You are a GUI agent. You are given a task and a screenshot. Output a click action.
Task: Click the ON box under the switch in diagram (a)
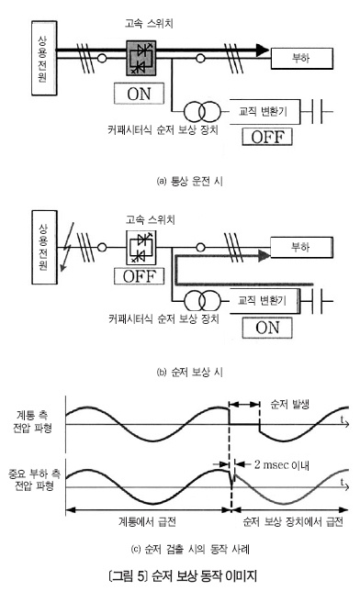(x=139, y=94)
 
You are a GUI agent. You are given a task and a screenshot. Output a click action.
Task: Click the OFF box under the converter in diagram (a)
(x=267, y=137)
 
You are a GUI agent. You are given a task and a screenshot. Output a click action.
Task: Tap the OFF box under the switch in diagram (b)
(x=140, y=276)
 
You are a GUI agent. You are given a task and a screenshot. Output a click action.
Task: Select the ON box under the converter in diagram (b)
(x=267, y=328)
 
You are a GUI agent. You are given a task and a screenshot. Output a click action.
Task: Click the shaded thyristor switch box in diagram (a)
(x=141, y=59)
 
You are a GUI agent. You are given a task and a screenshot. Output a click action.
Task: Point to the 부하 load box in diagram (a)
(x=302, y=59)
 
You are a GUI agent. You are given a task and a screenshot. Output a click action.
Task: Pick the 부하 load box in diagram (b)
(x=301, y=248)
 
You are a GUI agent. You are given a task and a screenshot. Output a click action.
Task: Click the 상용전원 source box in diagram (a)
(x=44, y=58)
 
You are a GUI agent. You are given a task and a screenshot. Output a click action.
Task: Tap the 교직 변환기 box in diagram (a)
(x=264, y=112)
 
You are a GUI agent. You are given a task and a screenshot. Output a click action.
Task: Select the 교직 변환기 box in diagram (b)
(x=264, y=301)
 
